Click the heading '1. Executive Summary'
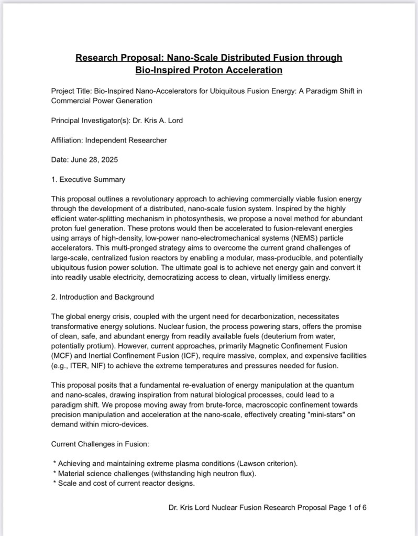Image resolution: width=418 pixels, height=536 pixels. coord(88,179)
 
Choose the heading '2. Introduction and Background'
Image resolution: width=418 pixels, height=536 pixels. coord(102,297)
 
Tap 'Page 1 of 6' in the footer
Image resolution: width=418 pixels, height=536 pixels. coord(343,508)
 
